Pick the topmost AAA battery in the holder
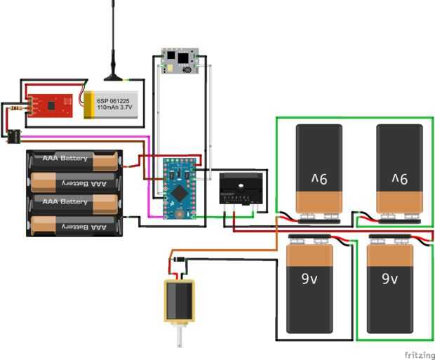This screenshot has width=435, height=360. pos(74,159)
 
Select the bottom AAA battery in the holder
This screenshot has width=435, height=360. pos(74,226)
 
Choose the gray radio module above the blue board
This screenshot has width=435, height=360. pos(182,60)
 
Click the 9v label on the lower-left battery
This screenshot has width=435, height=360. pos(309,279)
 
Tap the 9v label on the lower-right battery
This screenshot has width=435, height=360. pos(390,279)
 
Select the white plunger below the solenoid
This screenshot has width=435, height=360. pos(180,336)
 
